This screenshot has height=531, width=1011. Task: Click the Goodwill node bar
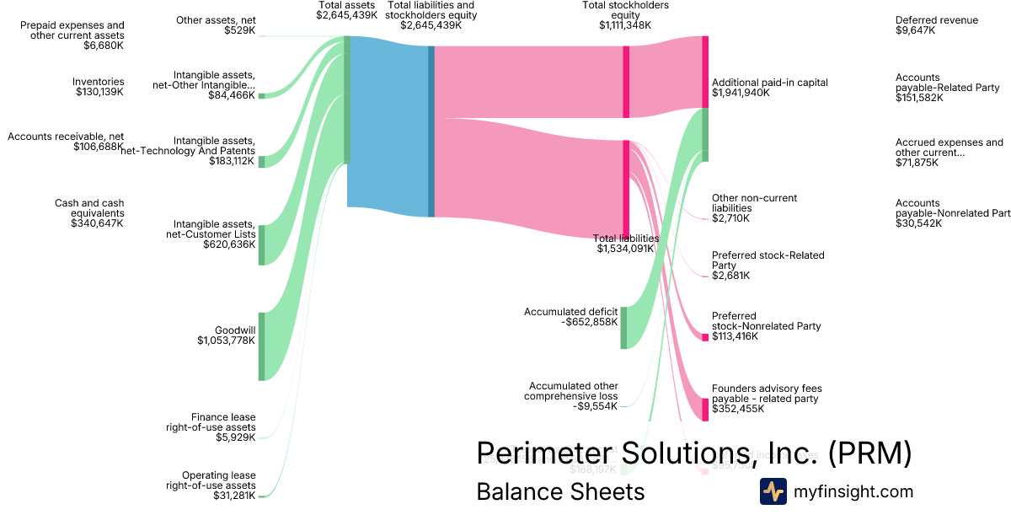tap(261, 346)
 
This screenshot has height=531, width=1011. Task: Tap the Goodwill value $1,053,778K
tap(225, 341)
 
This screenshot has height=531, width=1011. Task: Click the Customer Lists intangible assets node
tap(261, 244)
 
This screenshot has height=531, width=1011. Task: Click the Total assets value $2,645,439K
tap(346, 15)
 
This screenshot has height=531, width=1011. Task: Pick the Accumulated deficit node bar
tap(623, 328)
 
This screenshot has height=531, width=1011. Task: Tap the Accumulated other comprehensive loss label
tap(571, 391)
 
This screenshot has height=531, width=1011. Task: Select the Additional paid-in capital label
tap(770, 83)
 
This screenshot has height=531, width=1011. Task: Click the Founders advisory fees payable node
tap(705, 410)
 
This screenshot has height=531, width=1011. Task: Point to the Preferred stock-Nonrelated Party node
tap(705, 337)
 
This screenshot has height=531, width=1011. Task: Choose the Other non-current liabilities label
tap(754, 203)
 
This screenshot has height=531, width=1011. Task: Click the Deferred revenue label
tap(937, 20)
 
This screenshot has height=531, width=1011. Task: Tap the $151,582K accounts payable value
tap(919, 98)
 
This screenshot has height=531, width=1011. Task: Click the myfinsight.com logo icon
tap(773, 491)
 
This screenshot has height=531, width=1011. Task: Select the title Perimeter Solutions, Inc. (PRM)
tap(694, 453)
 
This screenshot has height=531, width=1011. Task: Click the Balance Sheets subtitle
tap(560, 492)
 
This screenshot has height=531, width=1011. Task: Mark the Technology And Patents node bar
tap(261, 162)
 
